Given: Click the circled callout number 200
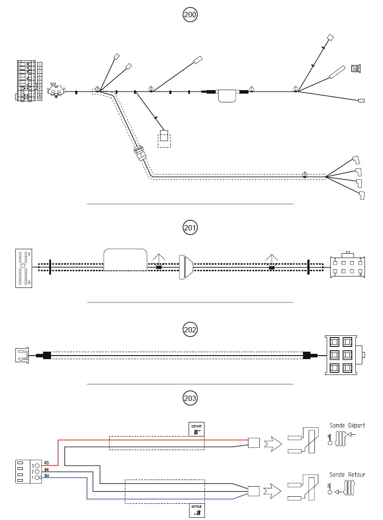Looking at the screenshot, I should coord(190,15).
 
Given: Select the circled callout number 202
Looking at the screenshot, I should coord(190,329).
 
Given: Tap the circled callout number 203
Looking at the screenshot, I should coord(190,398).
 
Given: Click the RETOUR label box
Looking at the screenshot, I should coord(197,510).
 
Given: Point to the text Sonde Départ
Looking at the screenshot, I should coord(347,425).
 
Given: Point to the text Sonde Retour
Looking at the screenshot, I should coord(347,475).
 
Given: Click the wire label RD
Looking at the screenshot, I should coord(47,463).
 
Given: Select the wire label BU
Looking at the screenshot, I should coord(47,476).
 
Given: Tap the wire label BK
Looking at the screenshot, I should coord(47,469).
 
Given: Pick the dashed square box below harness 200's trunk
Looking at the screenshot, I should coord(164,138).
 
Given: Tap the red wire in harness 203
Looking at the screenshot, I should coord(154,439).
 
